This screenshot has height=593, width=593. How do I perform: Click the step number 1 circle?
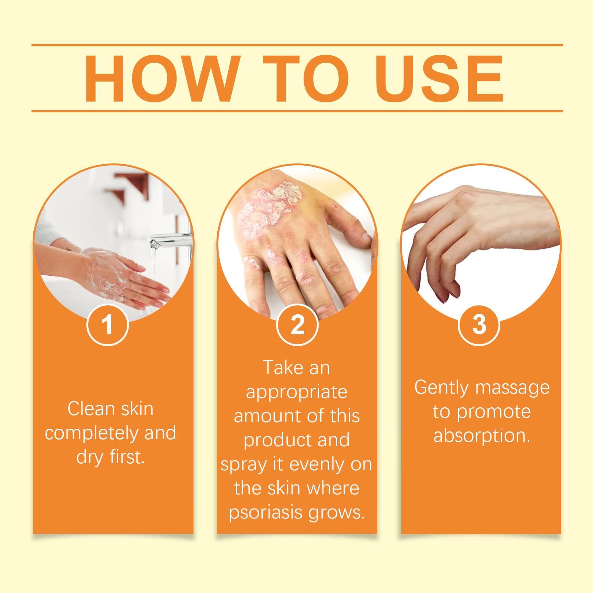coord(107,325)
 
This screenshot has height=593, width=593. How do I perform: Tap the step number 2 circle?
coord(297,325)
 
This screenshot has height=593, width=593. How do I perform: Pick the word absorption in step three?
coord(482,436)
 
